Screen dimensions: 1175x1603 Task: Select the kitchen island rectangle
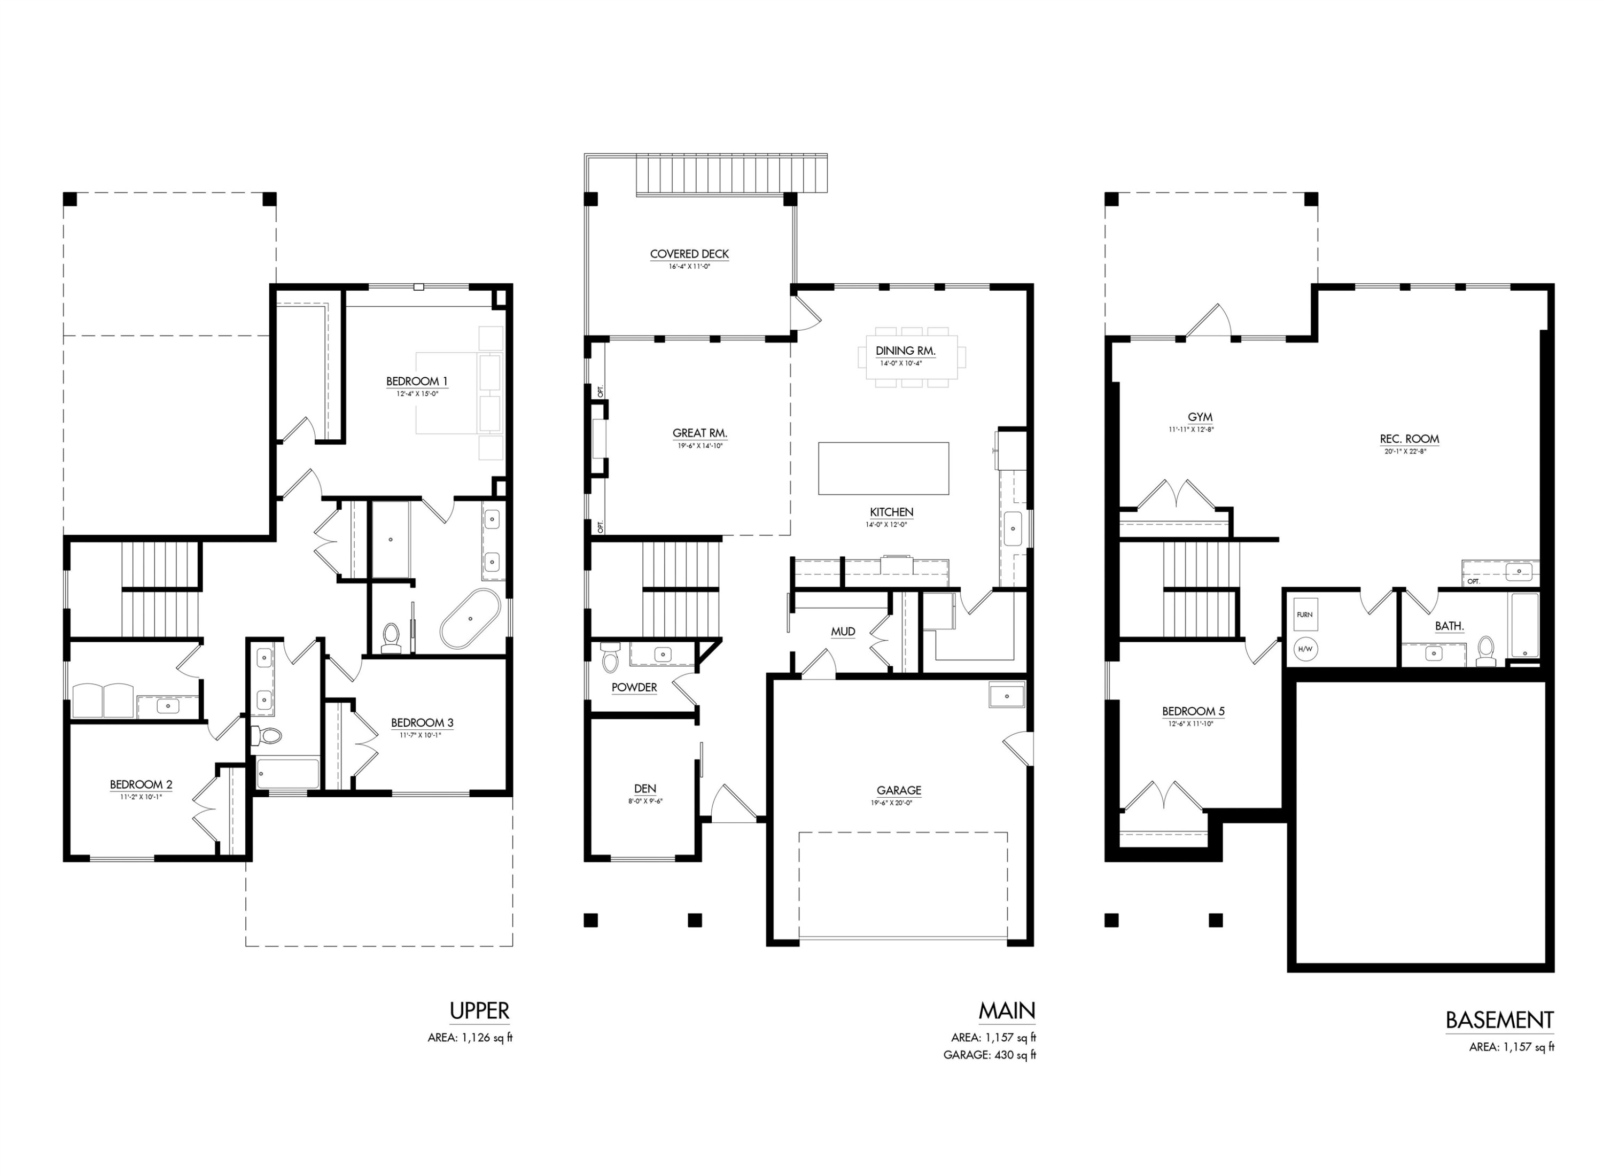tap(883, 468)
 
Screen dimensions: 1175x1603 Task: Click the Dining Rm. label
tap(905, 351)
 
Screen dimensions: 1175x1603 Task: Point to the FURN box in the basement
tap(1304, 614)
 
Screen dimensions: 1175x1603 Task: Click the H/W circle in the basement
tap(1304, 649)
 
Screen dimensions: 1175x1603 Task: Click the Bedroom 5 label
tap(1193, 711)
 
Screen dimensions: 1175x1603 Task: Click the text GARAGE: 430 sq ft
tap(989, 1055)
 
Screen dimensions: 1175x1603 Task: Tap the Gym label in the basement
tap(1199, 417)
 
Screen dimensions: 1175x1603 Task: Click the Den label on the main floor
tap(644, 789)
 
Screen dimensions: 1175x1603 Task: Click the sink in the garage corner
tap(1006, 696)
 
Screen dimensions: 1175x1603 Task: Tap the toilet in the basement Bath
tap(1485, 651)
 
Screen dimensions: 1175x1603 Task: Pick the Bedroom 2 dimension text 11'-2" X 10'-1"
tap(141, 797)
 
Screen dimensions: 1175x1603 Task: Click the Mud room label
tap(842, 632)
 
